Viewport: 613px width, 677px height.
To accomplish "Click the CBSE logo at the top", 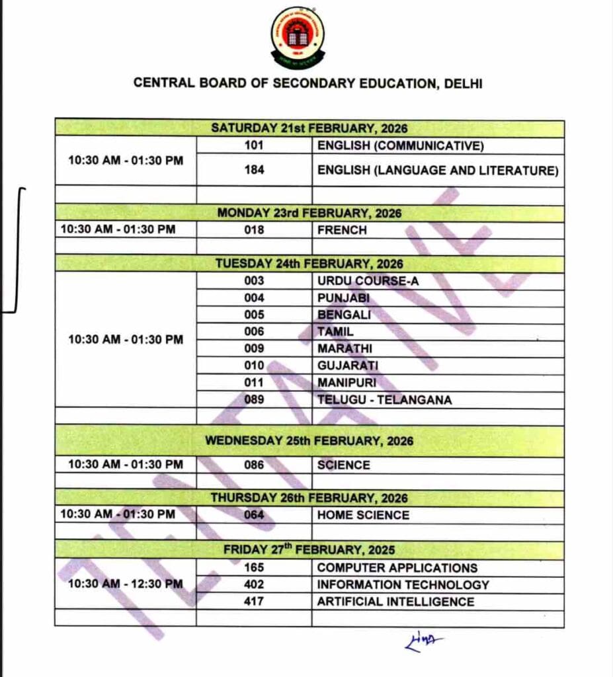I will tap(298, 38).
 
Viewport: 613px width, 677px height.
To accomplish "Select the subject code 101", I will tap(254, 145).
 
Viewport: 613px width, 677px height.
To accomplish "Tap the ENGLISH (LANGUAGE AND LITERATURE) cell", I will tap(438, 170).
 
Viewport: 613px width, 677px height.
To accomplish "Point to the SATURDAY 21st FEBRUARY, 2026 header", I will tap(309, 128).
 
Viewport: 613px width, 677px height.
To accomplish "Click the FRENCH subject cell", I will tap(342, 230).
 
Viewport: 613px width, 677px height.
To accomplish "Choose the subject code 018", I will tap(254, 230).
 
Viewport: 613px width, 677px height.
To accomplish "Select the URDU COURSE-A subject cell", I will tap(367, 280).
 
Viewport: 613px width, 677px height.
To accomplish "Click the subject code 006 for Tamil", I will tap(254, 331).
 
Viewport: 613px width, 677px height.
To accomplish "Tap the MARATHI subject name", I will tap(345, 348).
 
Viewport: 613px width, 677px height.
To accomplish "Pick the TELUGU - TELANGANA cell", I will tap(384, 399).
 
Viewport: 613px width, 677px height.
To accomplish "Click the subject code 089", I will tap(254, 399).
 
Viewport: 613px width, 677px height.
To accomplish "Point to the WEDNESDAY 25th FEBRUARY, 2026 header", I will tap(309, 440).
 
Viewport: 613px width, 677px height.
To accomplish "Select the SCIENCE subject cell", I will tap(343, 465).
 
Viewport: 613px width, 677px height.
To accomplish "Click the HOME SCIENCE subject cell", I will tap(363, 514).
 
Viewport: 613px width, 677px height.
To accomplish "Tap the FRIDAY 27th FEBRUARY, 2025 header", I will tap(309, 549).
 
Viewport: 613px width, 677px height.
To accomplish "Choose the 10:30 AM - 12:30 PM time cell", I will tap(125, 584).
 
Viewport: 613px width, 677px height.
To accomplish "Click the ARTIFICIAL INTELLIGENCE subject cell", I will tap(395, 602).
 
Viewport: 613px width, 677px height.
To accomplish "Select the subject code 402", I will tap(254, 584).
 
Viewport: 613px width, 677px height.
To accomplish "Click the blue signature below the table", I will tap(423, 640).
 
